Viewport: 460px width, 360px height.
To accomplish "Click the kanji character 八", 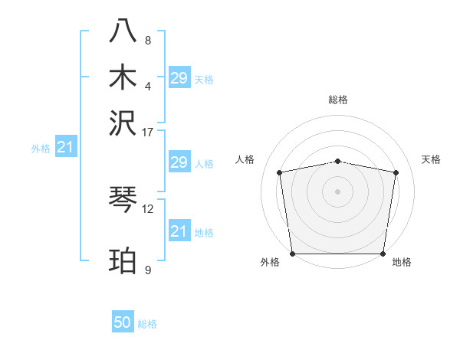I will [x=123, y=31].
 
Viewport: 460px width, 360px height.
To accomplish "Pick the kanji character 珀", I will [x=123, y=260].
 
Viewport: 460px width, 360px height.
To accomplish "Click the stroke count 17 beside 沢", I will [x=148, y=131].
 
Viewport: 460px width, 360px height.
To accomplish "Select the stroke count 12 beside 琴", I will [x=148, y=208].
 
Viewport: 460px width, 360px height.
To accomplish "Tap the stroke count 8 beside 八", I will [x=148, y=40].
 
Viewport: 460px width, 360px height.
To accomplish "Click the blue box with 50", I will [x=123, y=322].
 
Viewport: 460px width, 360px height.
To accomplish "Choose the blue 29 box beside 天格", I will [x=179, y=77].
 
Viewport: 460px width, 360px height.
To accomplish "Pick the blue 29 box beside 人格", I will [x=179, y=162].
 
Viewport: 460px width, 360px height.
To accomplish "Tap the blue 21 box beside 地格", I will [x=179, y=231].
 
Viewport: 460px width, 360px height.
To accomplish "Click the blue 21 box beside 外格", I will [x=65, y=147].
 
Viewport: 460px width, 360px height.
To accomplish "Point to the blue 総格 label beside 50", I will [x=147, y=324].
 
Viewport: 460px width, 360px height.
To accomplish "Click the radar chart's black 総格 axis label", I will [x=338, y=100].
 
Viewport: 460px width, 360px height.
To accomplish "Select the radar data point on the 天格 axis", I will [x=396, y=172].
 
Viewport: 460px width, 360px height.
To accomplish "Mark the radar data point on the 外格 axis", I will [x=292, y=254].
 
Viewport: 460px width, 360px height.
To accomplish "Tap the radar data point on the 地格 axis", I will [x=383, y=254].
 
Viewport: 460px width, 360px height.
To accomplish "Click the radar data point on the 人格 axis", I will [x=280, y=172].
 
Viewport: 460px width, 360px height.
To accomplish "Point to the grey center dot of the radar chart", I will [x=338, y=191].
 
